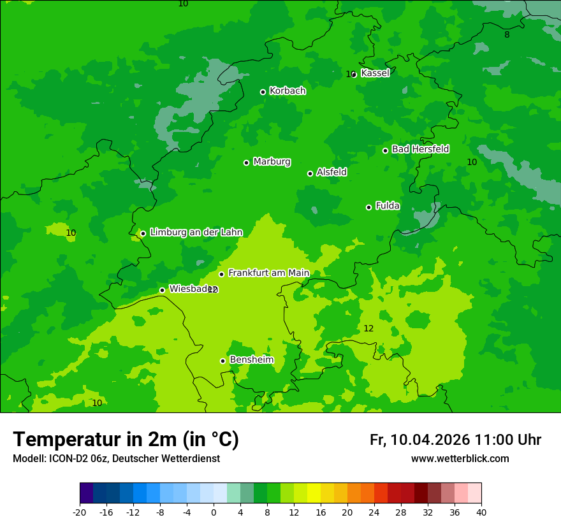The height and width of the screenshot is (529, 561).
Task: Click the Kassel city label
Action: coord(375,73)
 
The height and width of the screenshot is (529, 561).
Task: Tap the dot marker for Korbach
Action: coord(263,92)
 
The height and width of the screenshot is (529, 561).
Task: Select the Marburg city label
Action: coord(272,162)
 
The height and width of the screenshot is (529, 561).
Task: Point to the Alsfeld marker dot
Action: coord(310,173)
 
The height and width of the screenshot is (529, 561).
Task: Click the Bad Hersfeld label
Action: coord(420,149)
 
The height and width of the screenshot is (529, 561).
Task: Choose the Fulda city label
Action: coord(388,206)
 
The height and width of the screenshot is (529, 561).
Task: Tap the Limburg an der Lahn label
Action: coord(196,233)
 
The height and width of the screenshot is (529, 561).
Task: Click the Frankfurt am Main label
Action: coord(268,273)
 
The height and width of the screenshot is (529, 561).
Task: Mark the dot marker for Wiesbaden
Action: coord(162,290)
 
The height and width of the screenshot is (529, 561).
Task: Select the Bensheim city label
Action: coord(251,360)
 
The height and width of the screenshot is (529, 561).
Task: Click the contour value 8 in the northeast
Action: coord(507,35)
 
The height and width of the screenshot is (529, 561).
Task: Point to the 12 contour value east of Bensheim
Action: coord(368,329)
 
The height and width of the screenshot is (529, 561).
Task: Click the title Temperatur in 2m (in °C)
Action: coord(126,440)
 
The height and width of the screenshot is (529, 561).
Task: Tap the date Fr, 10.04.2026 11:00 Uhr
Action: coord(455,440)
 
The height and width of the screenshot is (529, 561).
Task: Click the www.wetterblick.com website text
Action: coord(460,459)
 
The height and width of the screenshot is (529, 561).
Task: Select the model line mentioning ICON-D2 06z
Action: coord(116,459)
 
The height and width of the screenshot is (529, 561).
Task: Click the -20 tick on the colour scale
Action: coord(80,512)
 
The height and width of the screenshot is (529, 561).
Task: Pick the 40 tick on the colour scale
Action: coord(481,512)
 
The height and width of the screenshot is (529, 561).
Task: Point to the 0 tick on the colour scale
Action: coord(214,512)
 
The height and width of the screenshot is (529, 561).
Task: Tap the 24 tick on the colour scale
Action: coord(374,512)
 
